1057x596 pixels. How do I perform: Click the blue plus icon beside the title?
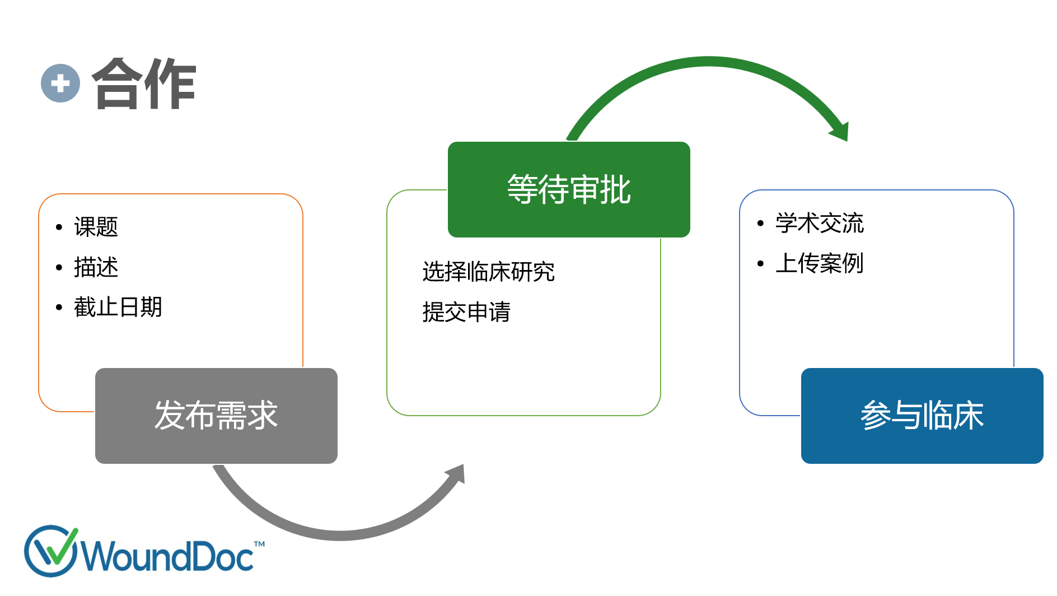coord(60,83)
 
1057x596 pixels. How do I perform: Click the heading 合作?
coord(144,84)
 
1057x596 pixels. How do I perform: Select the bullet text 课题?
coord(96,227)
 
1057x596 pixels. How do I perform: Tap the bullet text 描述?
coord(96,267)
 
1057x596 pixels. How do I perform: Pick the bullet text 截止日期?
coord(118,307)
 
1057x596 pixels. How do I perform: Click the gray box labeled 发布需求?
coord(216,416)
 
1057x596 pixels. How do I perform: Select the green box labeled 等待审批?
coord(569,189)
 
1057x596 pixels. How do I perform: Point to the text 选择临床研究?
coord(489,272)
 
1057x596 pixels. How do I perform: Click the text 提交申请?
coord(466,312)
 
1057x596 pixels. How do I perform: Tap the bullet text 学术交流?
coord(820,223)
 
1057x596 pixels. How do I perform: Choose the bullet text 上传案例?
coord(820,263)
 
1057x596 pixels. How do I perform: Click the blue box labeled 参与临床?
coord(922,416)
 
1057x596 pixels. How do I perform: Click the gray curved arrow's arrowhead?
coord(455,474)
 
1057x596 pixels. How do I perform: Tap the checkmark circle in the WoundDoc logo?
coord(51,551)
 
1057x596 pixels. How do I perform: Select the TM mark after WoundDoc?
coord(259,544)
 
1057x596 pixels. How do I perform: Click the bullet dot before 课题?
coord(59,227)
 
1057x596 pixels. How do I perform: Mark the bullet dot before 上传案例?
coord(760,263)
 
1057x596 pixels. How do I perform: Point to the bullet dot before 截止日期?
coord(59,308)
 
